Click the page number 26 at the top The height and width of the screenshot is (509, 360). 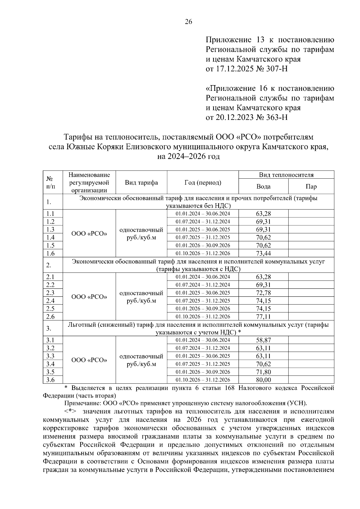[x=188, y=22]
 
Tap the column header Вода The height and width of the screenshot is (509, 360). [x=263, y=187]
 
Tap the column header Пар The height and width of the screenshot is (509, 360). [x=311, y=187]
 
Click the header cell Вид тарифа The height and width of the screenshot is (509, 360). [x=141, y=183]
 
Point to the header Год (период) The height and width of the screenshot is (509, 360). [x=203, y=183]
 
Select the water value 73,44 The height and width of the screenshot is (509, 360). [x=263, y=254]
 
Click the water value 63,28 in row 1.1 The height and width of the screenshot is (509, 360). [x=263, y=214]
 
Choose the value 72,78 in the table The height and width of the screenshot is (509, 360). [x=263, y=293]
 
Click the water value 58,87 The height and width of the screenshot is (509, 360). [x=263, y=340]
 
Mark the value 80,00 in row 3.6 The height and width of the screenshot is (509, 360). [x=263, y=380]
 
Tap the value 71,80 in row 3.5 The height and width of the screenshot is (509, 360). [x=263, y=372]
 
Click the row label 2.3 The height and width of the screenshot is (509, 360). [x=50, y=293]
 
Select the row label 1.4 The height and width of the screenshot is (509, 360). [x=50, y=238]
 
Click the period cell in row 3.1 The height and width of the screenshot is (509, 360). [x=203, y=340]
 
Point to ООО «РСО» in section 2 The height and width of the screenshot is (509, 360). [x=89, y=297]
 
